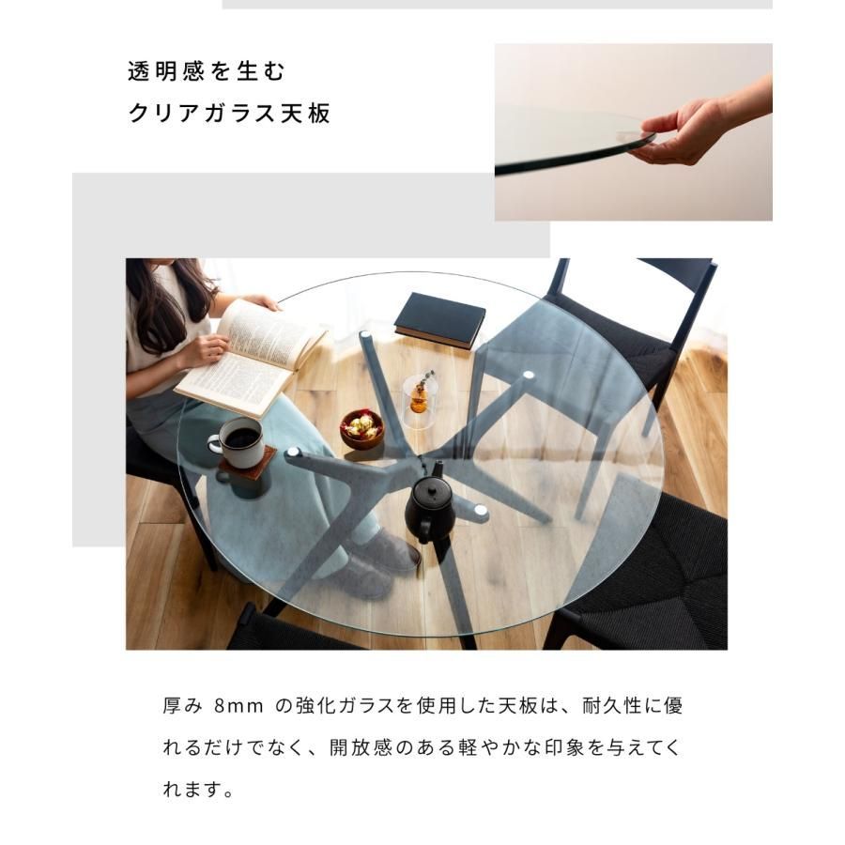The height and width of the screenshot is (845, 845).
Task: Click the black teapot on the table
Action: (x=429, y=509)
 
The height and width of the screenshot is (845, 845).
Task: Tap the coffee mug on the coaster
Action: (x=238, y=442)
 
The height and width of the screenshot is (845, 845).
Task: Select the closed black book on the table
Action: (x=439, y=320)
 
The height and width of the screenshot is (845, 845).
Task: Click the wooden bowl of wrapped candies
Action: (x=362, y=429)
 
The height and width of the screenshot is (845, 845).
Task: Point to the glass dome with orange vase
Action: (x=421, y=400)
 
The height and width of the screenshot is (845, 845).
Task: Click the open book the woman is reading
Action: (x=252, y=359)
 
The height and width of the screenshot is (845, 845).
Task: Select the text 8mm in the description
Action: (x=238, y=705)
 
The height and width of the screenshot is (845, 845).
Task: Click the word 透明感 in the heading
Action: (x=166, y=71)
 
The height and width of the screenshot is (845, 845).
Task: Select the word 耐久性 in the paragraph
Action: (x=611, y=705)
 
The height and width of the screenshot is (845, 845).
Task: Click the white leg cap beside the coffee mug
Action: (x=293, y=453)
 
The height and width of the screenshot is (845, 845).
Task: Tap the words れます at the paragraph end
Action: (x=192, y=790)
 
